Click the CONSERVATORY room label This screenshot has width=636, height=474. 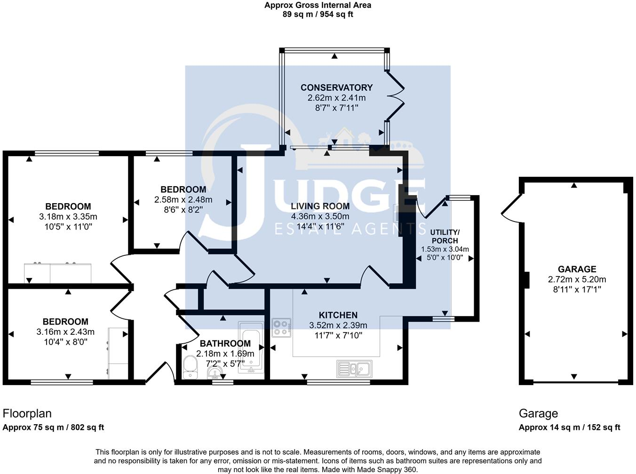pyautogui.click(x=336, y=87)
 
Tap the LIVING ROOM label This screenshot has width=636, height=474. pyautogui.click(x=320, y=206)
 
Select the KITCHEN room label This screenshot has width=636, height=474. pyautogui.click(x=338, y=315)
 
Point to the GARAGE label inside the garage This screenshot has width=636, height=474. pyautogui.click(x=577, y=269)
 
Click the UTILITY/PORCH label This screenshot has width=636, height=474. pyautogui.click(x=445, y=236)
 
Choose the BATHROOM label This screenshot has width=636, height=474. pyautogui.click(x=225, y=344)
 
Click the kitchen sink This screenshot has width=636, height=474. pyautogui.click(x=354, y=368)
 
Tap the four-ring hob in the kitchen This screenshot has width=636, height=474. pyautogui.click(x=282, y=327)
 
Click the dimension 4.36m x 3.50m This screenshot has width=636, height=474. pyautogui.click(x=320, y=216)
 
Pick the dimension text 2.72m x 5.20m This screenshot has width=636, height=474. pyautogui.click(x=577, y=279)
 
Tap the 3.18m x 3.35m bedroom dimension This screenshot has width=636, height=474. pyautogui.click(x=68, y=217)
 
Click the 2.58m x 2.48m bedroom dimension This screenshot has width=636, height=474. pyautogui.click(x=183, y=200)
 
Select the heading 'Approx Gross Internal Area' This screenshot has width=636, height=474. pyautogui.click(x=318, y=5)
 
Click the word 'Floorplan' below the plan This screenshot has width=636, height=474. pyautogui.click(x=27, y=413)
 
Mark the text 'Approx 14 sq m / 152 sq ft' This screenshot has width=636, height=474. pyautogui.click(x=569, y=427)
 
